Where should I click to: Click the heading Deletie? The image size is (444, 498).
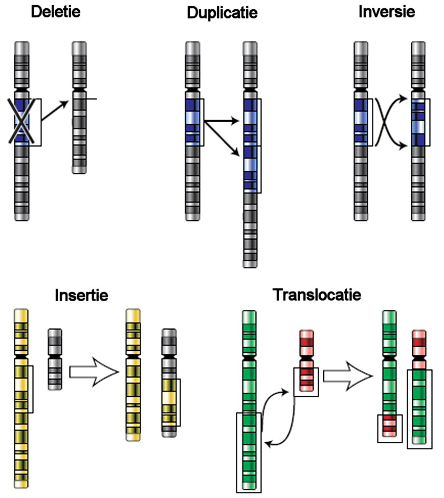56,11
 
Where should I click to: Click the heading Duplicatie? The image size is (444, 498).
222,13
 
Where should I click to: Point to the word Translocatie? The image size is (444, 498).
317,295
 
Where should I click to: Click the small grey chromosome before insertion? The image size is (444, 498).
55,359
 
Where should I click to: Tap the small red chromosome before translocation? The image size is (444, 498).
306,358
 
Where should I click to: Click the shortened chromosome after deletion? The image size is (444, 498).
79,108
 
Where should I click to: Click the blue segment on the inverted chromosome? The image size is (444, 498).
418,123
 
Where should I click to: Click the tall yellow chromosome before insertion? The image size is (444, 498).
22,399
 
